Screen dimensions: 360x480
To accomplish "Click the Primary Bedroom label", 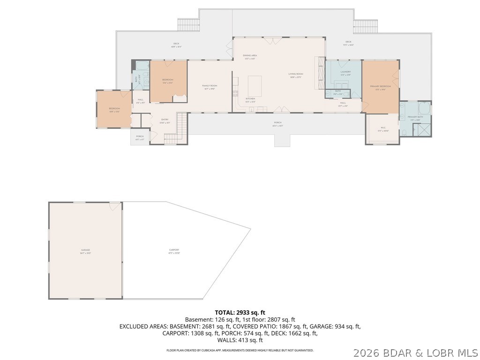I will [380, 87].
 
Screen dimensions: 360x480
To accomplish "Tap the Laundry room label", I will [345, 73].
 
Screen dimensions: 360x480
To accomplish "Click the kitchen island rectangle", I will [255, 86].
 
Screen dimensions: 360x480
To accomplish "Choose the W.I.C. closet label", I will [382, 128].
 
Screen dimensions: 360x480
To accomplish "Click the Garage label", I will [85, 251].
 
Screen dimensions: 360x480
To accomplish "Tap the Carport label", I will [174, 251].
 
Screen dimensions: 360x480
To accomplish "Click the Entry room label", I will [165, 120].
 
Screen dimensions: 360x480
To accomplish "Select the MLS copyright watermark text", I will [415, 352].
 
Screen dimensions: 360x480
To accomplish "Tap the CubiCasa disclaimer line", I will [240, 350].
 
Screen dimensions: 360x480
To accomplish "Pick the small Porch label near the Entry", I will [140, 137].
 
